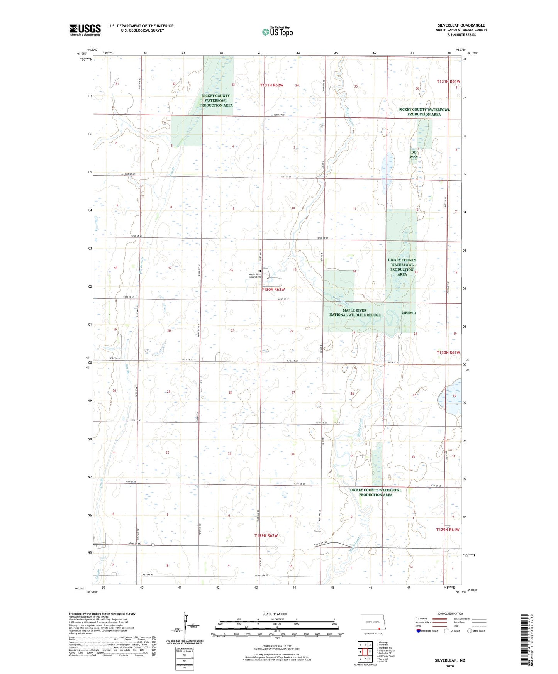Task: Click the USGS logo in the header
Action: coord(85,30)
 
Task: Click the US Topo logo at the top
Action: coord(277,31)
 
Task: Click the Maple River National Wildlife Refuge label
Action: coord(354,312)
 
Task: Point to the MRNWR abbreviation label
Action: coord(409,313)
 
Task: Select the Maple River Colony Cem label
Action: coord(255,276)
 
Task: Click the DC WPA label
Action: coord(414,154)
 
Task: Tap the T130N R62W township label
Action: coord(273,289)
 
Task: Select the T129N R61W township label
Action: coord(448,530)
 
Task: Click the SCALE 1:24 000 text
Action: coord(275,614)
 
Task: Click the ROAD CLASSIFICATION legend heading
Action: coord(450,613)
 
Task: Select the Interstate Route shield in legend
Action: coord(419,631)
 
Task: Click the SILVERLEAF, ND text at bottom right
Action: coord(450,660)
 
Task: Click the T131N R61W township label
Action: coord(448,81)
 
